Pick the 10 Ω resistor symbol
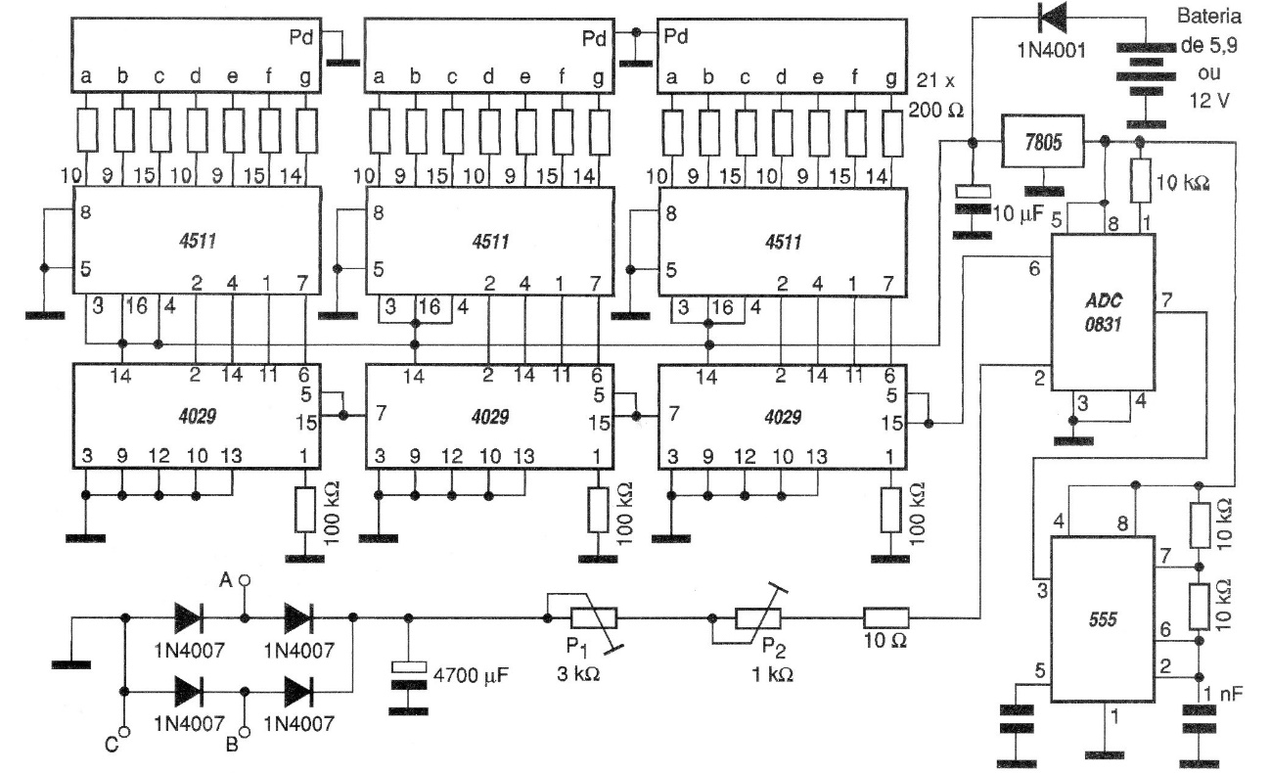point(885,617)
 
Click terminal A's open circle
point(246,580)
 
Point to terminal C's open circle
point(125,733)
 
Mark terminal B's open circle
point(246,733)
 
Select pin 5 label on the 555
point(1039,671)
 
